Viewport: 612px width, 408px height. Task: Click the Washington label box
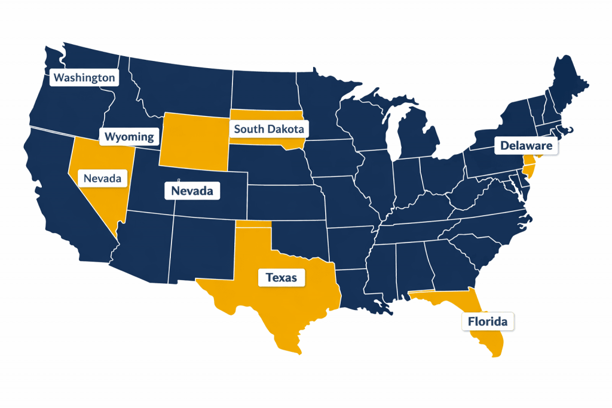tap(83, 78)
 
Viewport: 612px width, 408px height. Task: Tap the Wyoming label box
tap(129, 137)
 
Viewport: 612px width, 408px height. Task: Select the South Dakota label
tap(268, 128)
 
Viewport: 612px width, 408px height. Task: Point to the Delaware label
tap(526, 145)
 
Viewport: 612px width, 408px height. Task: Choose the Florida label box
tap(488, 322)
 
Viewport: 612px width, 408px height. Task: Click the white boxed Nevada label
tap(192, 191)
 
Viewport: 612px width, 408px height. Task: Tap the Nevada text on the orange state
tap(103, 178)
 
